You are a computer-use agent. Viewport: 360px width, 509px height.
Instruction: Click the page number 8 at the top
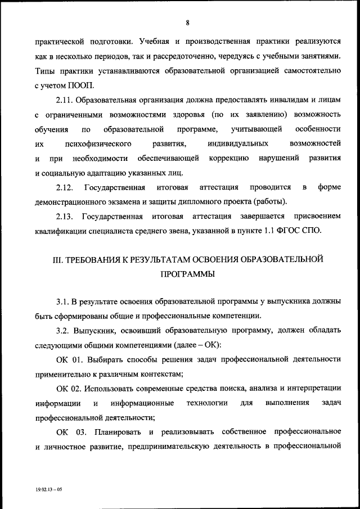tap(187, 22)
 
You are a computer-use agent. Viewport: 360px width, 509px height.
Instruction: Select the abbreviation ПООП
tap(84, 85)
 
